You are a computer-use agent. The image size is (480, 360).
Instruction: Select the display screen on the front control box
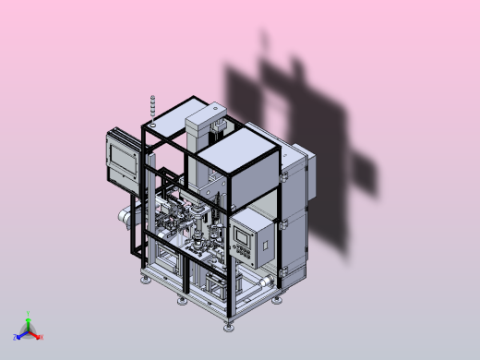point(243,235)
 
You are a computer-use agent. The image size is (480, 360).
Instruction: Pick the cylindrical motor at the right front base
point(266,281)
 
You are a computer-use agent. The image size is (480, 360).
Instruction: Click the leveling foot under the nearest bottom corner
point(229,324)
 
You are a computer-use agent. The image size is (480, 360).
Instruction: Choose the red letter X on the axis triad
point(42,337)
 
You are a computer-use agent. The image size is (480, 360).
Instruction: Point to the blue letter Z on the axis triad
point(16,338)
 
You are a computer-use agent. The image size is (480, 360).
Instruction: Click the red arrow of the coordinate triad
point(35,334)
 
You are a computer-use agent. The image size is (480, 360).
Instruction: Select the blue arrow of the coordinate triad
point(22,334)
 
